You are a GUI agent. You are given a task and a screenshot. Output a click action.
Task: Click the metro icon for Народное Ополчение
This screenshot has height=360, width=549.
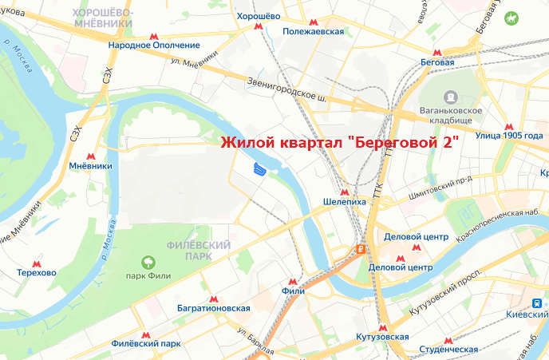point(153,37)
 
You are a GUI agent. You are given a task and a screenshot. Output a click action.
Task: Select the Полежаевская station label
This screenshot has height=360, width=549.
point(314,32)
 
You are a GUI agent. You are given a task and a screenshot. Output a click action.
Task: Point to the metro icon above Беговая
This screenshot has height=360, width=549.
point(437,50)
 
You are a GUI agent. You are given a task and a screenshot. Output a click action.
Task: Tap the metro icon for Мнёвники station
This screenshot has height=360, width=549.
point(91,156)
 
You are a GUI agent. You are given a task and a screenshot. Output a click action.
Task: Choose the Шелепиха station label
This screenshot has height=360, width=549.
point(345,202)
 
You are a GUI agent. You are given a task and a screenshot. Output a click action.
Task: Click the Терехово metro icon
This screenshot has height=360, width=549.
point(36,263)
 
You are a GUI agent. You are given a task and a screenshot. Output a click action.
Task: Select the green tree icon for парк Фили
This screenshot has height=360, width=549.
point(147,262)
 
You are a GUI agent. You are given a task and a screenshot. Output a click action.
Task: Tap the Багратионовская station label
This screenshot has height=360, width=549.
point(214,308)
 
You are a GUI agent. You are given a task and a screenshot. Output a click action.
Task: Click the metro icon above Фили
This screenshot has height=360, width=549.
point(294,281)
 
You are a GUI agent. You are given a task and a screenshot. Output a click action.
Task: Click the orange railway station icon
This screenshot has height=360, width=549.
point(361,248)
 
